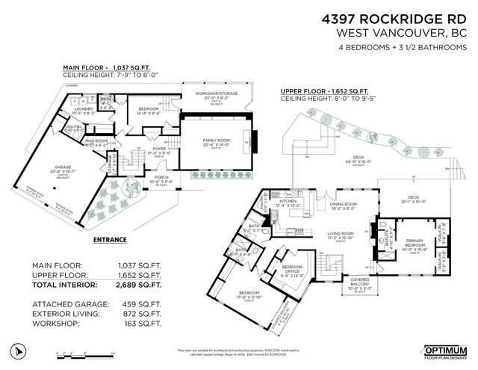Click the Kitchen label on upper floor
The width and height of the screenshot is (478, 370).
coord(288,201)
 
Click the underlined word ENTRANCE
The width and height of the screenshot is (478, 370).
coord(110,241)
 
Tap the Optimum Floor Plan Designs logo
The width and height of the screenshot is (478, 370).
coord(444,351)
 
